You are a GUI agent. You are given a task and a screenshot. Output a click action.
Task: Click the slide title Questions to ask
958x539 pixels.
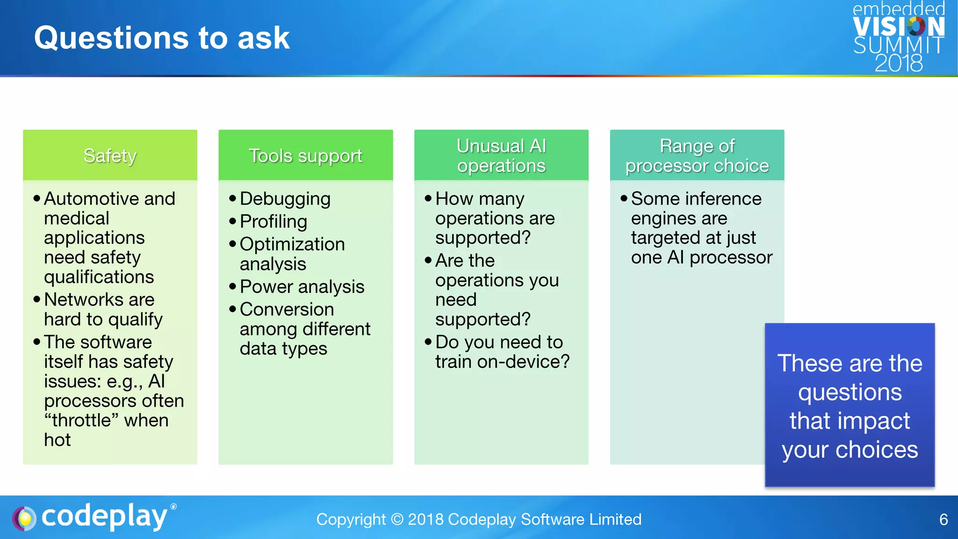tap(162, 38)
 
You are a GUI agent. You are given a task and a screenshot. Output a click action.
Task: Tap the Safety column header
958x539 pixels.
tap(110, 156)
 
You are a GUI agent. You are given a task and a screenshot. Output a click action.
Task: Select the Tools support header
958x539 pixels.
tap(305, 156)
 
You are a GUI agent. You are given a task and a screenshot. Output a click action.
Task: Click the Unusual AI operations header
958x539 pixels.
tap(501, 156)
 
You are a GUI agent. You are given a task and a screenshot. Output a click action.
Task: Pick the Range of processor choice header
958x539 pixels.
tap(697, 156)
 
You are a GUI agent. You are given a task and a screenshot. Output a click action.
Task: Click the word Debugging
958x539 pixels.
tap(285, 199)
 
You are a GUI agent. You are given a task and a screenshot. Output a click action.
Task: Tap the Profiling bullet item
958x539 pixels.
tap(273, 222)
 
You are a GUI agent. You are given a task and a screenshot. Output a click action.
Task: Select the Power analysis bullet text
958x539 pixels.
tap(302, 287)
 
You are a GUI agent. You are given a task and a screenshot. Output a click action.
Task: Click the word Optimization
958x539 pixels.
tap(292, 244)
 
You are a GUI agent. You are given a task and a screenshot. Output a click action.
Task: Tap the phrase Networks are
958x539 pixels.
tap(99, 299)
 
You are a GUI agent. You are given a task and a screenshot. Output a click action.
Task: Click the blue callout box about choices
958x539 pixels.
tap(849, 405)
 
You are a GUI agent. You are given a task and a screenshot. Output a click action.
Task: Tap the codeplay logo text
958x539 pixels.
tap(104, 517)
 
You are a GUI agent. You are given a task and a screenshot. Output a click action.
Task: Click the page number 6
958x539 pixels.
tap(943, 519)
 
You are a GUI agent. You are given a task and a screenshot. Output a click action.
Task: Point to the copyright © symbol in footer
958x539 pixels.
tap(397, 519)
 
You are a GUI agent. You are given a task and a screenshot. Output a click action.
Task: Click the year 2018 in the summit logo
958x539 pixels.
tap(899, 63)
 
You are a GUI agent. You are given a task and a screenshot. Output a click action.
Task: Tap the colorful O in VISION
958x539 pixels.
tap(916, 27)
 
